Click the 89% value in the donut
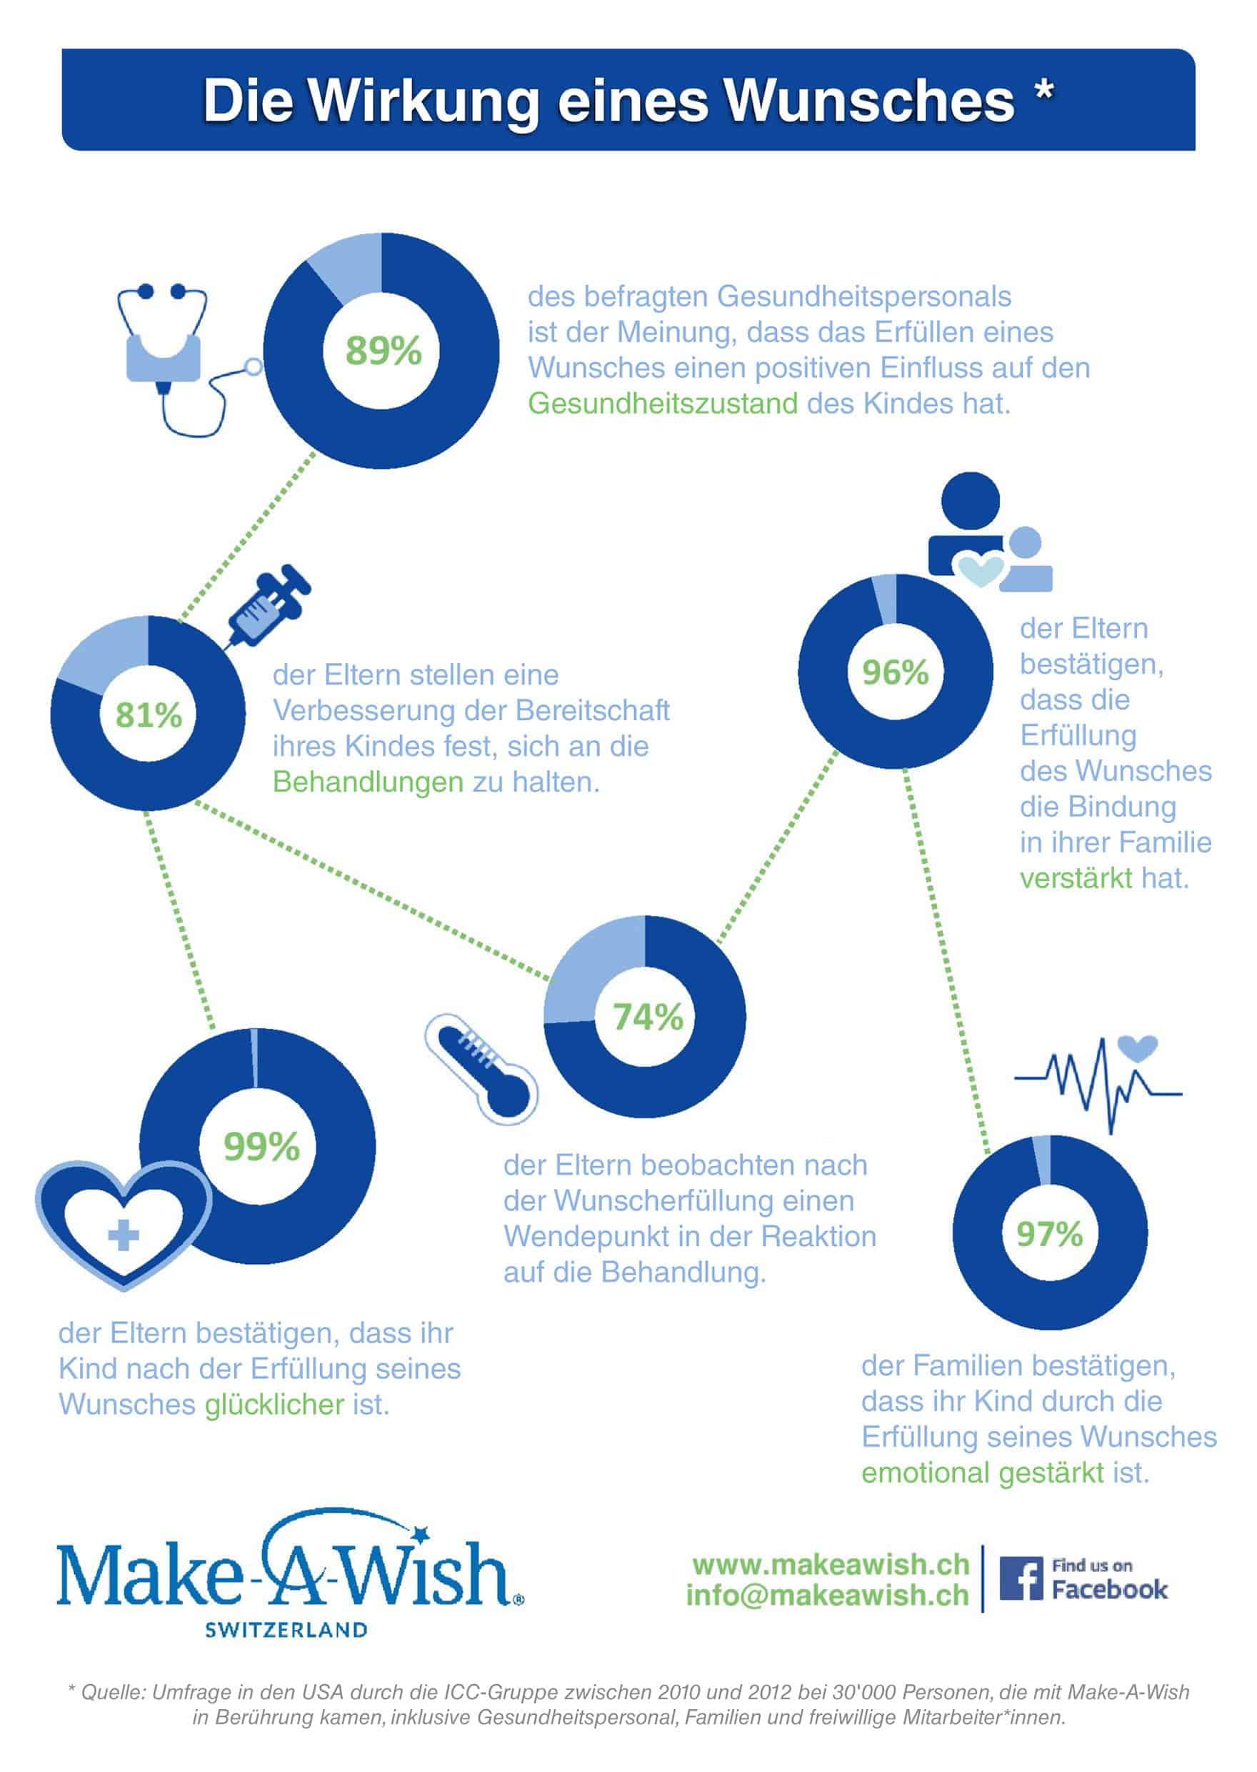(383, 351)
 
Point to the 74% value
(648, 1017)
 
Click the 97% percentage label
(1050, 1234)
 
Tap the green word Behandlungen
(368, 782)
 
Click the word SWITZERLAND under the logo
(286, 1630)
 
